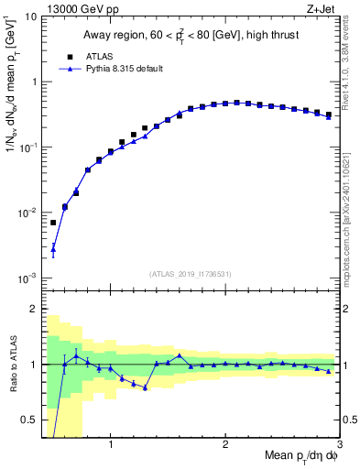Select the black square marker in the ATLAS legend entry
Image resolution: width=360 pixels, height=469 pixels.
pos(66,55)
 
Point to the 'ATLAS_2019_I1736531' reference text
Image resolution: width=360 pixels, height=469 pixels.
pos(191,274)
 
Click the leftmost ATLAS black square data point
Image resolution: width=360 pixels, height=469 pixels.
pos(53,223)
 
